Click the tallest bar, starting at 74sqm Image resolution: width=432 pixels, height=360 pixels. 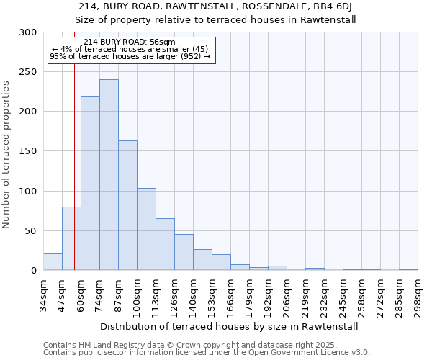[x=109, y=175]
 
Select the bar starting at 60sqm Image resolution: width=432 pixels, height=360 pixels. [x=90, y=184]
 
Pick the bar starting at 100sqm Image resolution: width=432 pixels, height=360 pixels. [x=146, y=229]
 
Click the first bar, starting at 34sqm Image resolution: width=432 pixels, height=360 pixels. [x=53, y=262]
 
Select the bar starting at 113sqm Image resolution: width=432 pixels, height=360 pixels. [x=165, y=245]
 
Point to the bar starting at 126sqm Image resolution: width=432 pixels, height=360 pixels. [x=184, y=252]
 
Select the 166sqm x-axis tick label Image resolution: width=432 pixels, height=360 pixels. [x=230, y=294]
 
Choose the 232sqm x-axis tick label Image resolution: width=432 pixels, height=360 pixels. [x=324, y=294]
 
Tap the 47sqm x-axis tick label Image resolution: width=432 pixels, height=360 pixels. [x=62, y=294]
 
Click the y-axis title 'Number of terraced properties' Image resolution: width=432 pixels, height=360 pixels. [x=6, y=154]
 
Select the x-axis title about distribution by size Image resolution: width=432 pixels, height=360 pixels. [x=230, y=326]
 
